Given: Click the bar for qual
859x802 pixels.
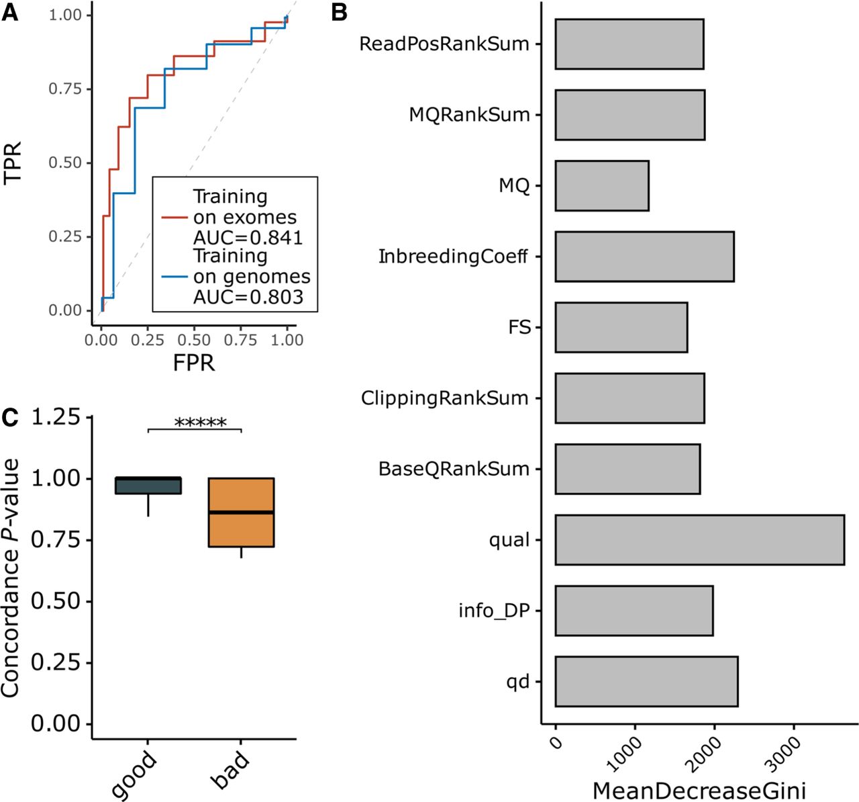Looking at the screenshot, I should pyautogui.click(x=699, y=539).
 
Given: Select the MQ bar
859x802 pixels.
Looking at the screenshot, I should pyautogui.click(x=602, y=185).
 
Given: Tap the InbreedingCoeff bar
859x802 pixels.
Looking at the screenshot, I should pyautogui.click(x=644, y=257).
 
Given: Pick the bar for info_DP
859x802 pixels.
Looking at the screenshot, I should pyautogui.click(x=634, y=611).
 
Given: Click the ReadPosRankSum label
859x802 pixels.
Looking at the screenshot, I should pyautogui.click(x=444, y=44).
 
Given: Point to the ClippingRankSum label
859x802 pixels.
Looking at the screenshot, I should pyautogui.click(x=445, y=398).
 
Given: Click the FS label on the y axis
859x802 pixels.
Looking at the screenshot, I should pyautogui.click(x=520, y=328).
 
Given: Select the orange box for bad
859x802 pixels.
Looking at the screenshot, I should pyautogui.click(x=241, y=513).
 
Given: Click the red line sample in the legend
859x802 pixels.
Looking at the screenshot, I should pyautogui.click(x=174, y=218).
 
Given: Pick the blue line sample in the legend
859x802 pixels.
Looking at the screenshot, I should pyautogui.click(x=174, y=276).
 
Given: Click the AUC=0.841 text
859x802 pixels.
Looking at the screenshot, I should pyautogui.click(x=248, y=238).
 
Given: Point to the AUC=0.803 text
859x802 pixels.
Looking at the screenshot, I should pyautogui.click(x=248, y=297).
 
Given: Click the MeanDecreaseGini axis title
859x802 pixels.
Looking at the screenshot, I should pyautogui.click(x=699, y=790).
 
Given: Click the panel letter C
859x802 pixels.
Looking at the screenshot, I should pyautogui.click(x=10, y=417).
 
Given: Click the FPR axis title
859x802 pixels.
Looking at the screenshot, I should pyautogui.click(x=194, y=363).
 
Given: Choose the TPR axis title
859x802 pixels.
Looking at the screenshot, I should pyautogui.click(x=12, y=162).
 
